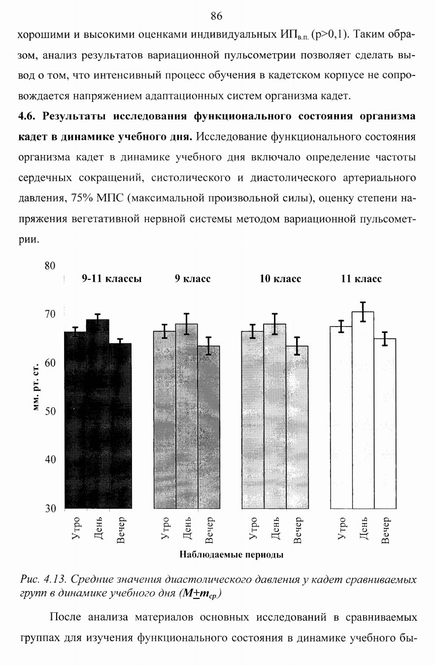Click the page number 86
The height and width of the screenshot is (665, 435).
click(x=216, y=16)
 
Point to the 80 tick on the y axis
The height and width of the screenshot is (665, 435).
click(x=50, y=266)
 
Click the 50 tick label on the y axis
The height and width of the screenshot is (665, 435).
click(x=50, y=411)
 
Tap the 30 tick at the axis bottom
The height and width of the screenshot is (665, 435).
click(x=50, y=508)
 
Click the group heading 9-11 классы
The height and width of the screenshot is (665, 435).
click(x=112, y=278)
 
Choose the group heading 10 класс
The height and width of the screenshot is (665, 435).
click(x=280, y=278)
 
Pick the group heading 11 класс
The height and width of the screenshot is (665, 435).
click(x=361, y=278)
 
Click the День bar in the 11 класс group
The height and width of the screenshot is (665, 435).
click(x=363, y=410)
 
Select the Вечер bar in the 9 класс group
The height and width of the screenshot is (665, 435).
click(x=209, y=427)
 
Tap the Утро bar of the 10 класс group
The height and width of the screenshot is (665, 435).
click(x=253, y=420)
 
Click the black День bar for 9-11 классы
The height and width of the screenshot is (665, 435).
click(x=98, y=414)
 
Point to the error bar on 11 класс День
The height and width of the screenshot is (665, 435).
click(x=363, y=312)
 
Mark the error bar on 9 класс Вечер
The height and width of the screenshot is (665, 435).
click(x=209, y=346)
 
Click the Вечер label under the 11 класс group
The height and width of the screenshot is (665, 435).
click(x=385, y=530)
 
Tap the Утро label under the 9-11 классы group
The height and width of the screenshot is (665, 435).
click(x=76, y=528)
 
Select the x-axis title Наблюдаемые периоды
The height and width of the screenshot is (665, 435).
click(x=232, y=555)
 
